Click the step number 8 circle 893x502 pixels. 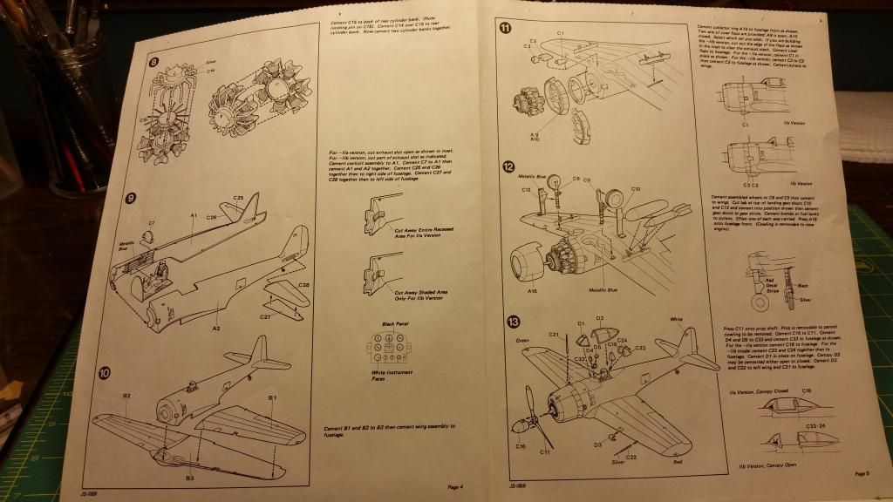pos(153,63)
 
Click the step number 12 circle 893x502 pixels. pos(507,166)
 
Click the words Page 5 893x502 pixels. pos(861,474)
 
